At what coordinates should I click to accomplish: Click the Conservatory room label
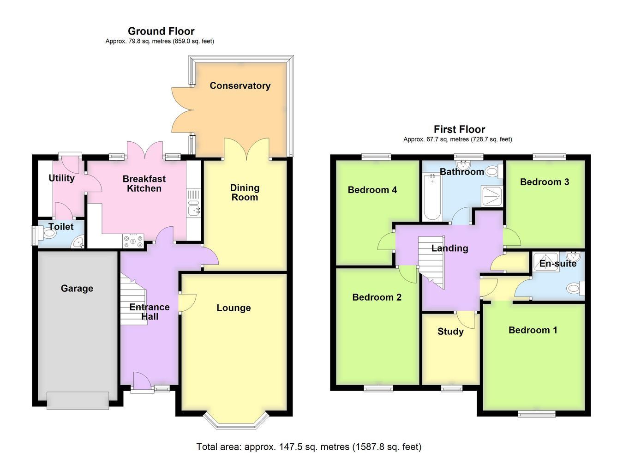(x=240, y=86)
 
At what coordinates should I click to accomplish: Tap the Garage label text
(x=77, y=289)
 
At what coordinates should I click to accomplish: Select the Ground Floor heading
(x=161, y=31)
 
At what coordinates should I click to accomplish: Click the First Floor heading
(x=460, y=129)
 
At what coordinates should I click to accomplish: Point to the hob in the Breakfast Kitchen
(x=133, y=241)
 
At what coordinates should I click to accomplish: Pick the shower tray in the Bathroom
(x=492, y=196)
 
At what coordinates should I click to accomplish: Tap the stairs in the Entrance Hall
(x=133, y=300)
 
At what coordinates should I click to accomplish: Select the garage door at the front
(x=78, y=401)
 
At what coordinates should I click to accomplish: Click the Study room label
(x=450, y=332)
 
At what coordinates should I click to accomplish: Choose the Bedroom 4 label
(x=372, y=190)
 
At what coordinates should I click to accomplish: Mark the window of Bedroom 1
(x=537, y=415)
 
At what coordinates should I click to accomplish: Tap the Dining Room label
(x=245, y=193)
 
